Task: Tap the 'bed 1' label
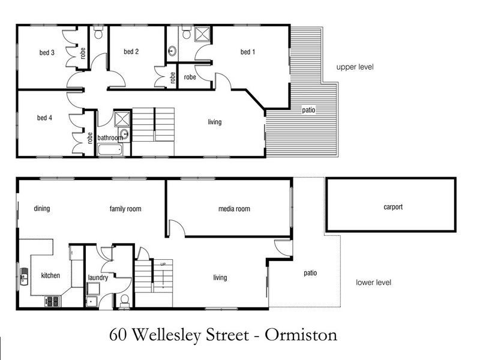coord(248,52)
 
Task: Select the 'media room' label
coord(234,209)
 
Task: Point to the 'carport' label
coord(393,207)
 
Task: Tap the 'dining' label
coord(41,209)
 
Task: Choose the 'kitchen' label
coord(50,276)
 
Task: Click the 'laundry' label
coord(98,278)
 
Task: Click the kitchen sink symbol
coord(25,277)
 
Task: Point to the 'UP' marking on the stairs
coord(163,264)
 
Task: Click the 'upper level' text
coord(355,67)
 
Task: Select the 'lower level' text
coord(373,282)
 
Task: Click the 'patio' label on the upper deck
coord(308,110)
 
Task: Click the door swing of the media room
coord(176,228)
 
